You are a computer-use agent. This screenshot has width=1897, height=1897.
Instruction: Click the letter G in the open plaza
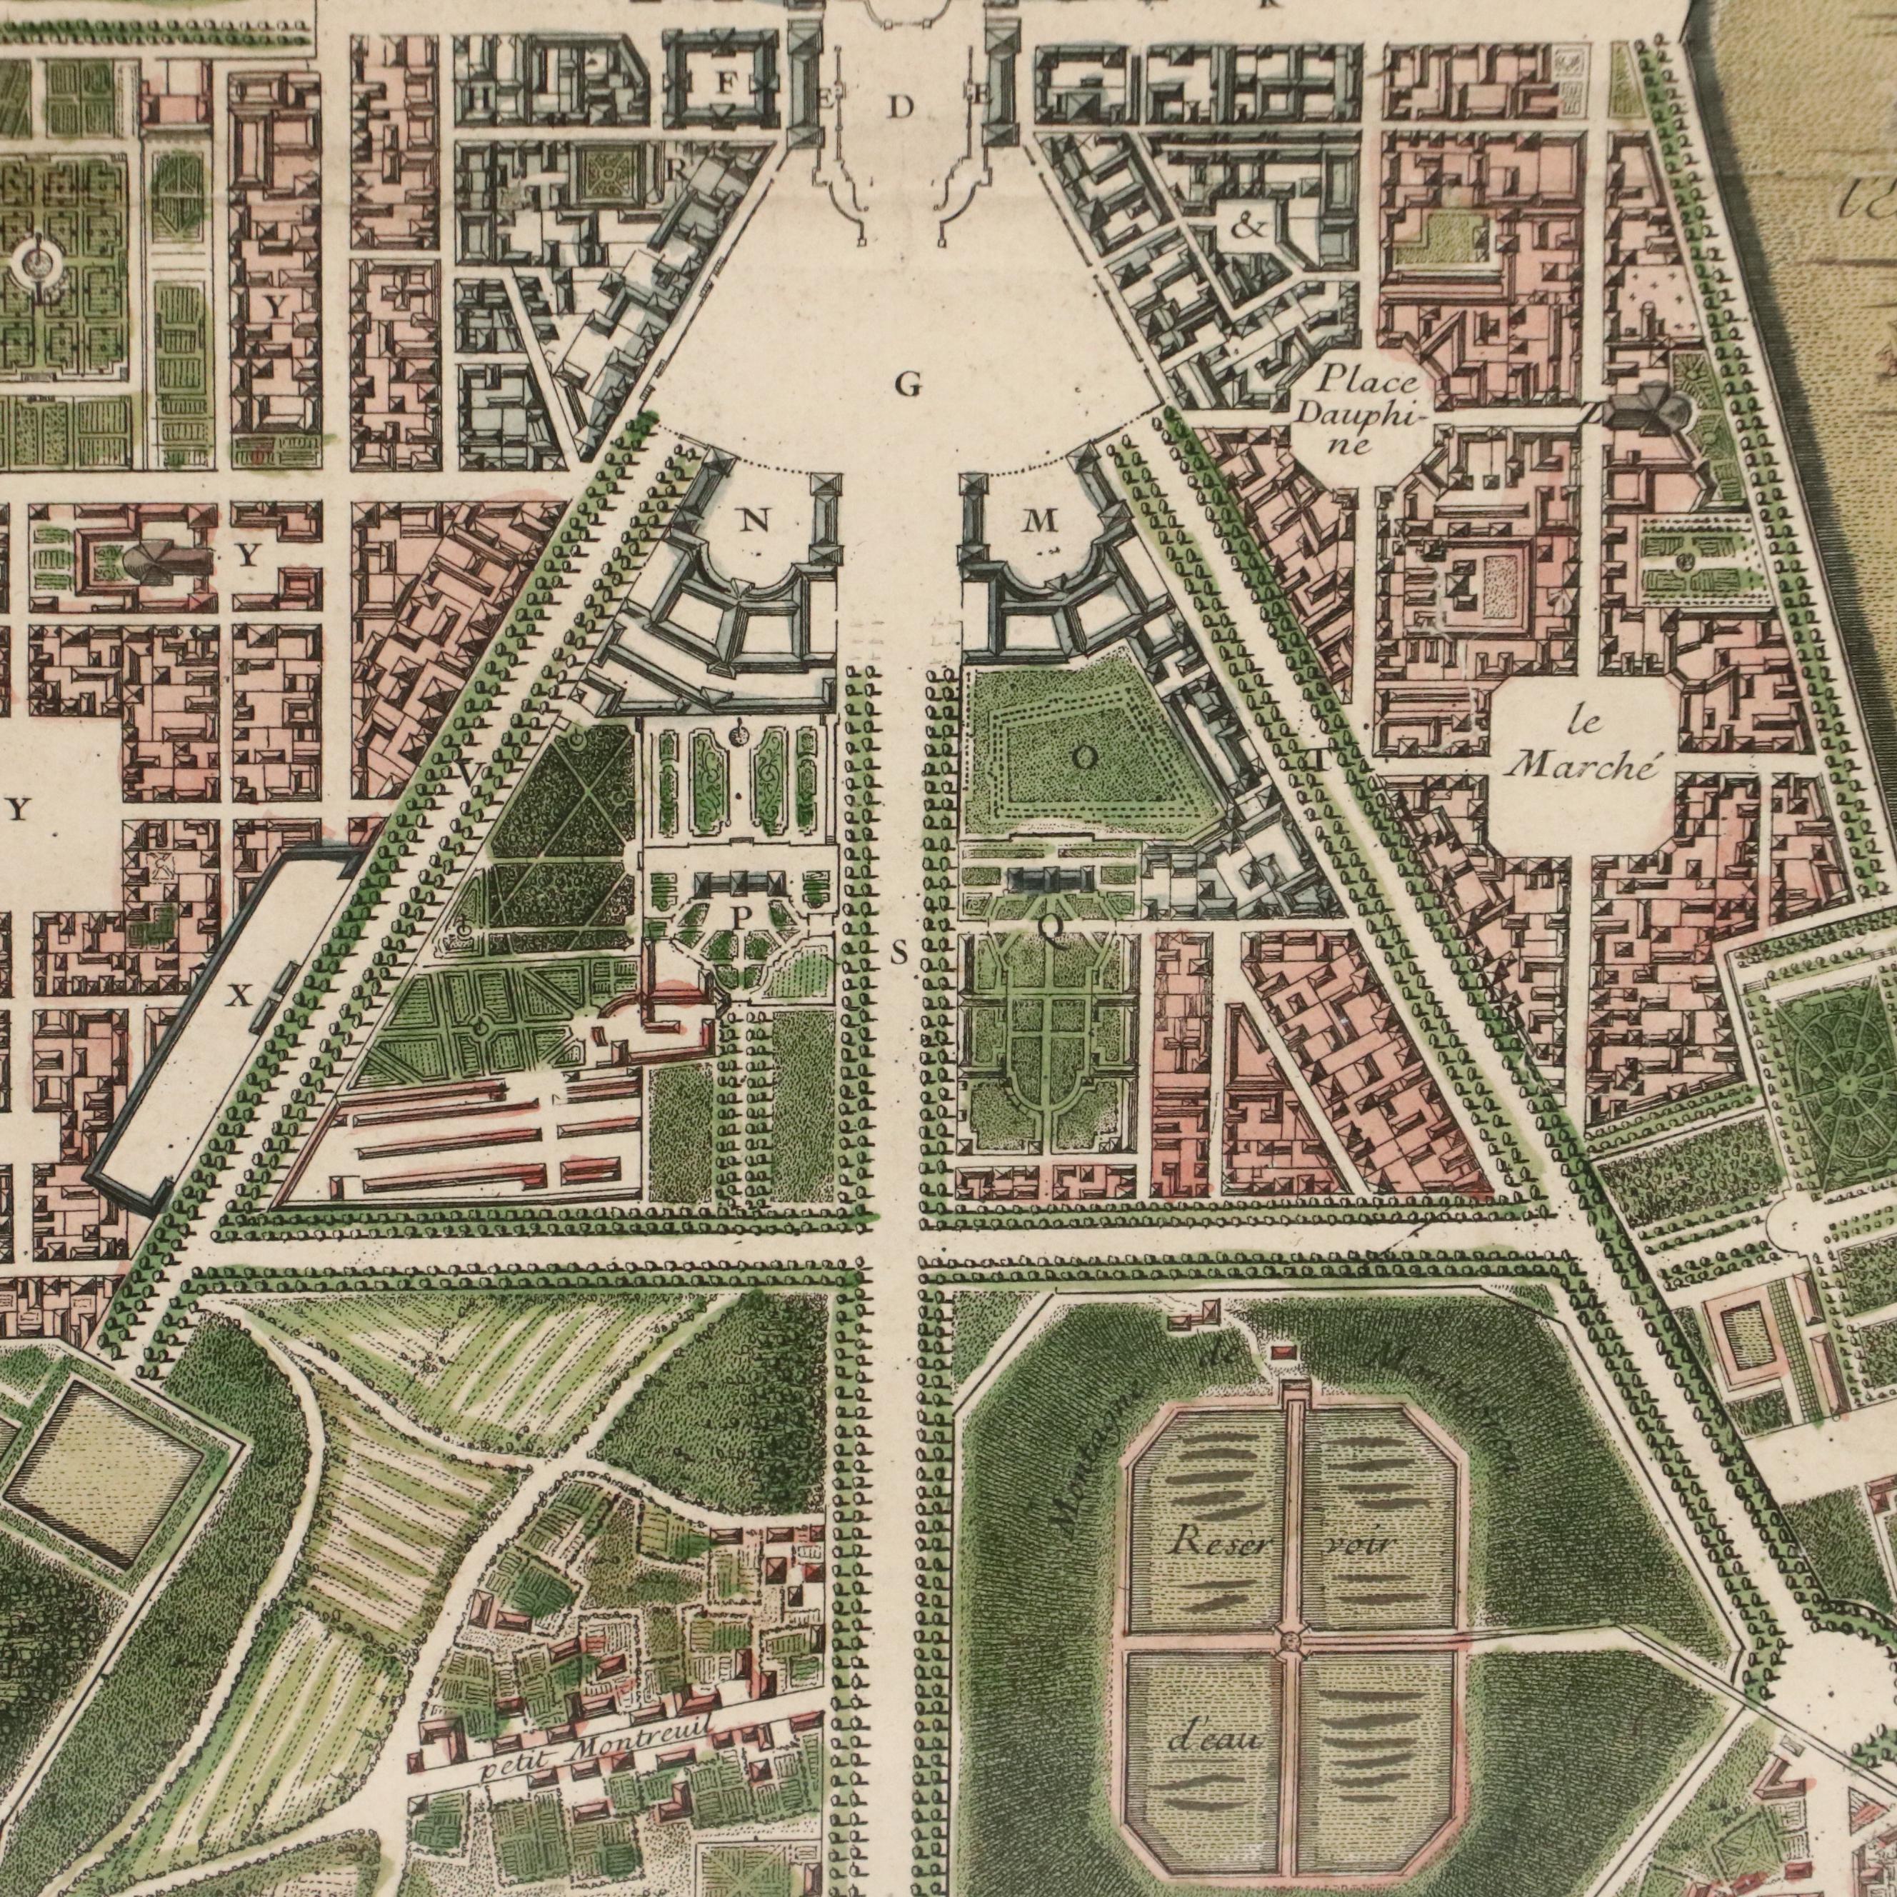(x=909, y=386)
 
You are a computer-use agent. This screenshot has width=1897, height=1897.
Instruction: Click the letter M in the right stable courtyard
(x=1040, y=521)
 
